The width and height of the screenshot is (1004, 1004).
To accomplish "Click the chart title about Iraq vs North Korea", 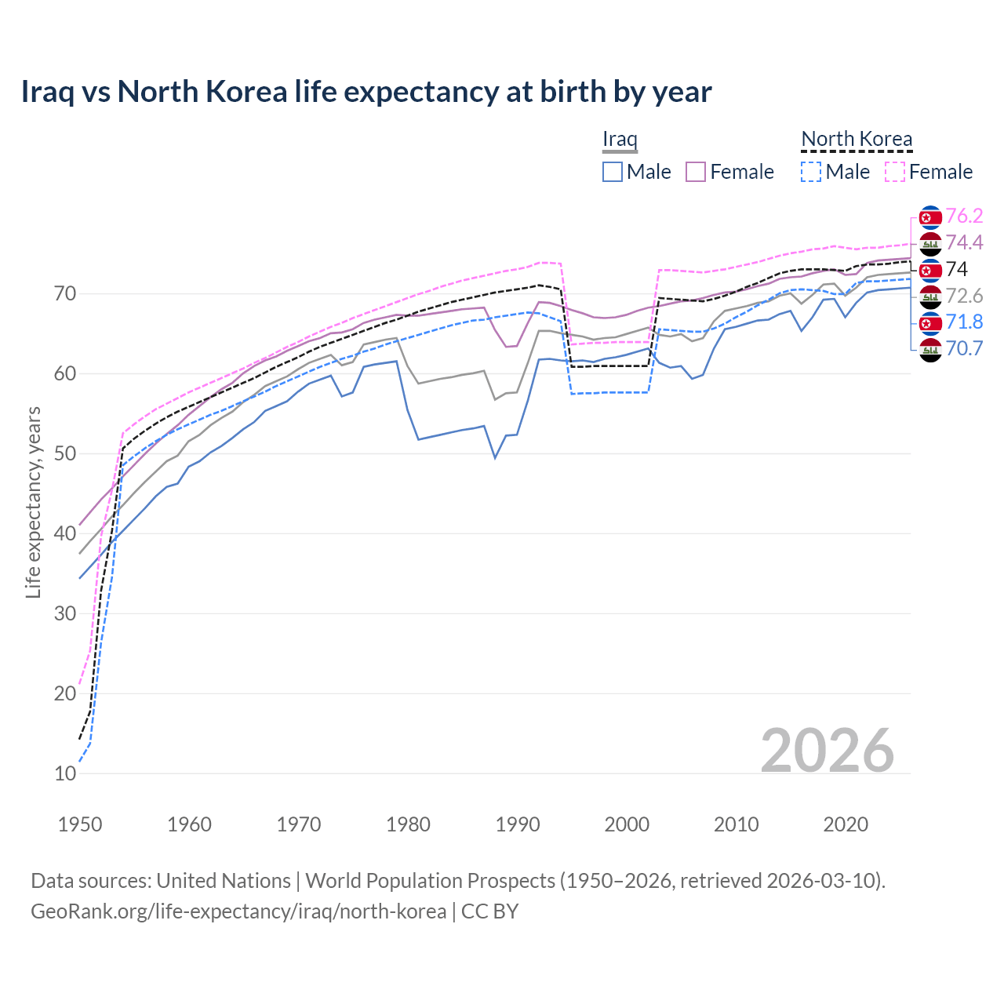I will [x=366, y=92].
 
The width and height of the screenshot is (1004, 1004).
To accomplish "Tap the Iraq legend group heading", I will [x=620, y=140].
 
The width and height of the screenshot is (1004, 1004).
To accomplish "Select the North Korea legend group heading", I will [x=857, y=140].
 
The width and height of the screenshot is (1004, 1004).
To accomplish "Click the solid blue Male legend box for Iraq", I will [x=613, y=172].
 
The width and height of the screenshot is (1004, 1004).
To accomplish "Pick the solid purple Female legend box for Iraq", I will [x=696, y=172].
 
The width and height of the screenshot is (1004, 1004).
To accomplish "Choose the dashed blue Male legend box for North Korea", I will [x=811, y=172].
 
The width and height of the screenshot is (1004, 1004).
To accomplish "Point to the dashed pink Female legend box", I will [x=895, y=172].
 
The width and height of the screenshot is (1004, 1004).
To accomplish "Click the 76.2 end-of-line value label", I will [x=964, y=216].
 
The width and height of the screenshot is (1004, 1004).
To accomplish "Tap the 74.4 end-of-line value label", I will [x=964, y=242].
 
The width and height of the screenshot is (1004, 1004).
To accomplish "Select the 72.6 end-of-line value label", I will [x=964, y=296].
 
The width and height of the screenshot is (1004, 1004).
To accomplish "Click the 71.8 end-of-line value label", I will [x=964, y=322].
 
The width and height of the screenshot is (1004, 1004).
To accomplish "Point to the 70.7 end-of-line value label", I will [x=964, y=348].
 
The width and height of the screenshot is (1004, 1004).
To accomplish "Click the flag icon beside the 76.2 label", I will [x=930, y=217].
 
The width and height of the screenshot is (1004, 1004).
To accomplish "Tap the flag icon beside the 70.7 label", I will [x=930, y=350].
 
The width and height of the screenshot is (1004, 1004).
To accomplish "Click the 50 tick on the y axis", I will [x=65, y=453].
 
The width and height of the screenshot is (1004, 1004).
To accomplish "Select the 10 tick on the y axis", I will [x=65, y=773].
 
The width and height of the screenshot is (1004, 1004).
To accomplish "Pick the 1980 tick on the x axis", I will [x=408, y=824].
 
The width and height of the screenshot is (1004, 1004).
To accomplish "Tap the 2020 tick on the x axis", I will [x=846, y=824].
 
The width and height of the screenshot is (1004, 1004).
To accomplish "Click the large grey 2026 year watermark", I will [x=827, y=751].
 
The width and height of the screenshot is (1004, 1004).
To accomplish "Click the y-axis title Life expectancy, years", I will [x=33, y=502].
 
